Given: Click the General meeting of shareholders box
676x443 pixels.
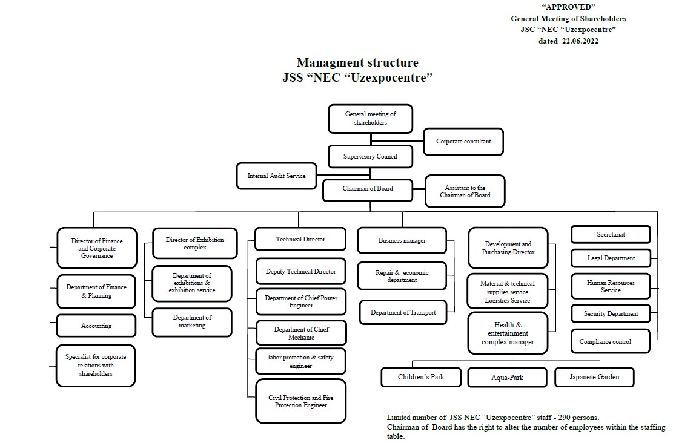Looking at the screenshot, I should tap(370, 118).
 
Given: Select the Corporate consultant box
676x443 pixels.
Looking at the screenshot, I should tap(463, 142).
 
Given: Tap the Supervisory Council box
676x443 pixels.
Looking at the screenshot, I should tap(370, 157).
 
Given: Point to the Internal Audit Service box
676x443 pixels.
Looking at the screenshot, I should tap(276, 176).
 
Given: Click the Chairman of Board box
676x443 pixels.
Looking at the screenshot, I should tap(368, 189).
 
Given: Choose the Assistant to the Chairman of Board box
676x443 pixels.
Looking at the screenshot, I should tap(465, 191).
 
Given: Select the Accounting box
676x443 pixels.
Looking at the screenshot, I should tap(96, 326).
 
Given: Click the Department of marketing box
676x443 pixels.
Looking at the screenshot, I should tap(192, 321).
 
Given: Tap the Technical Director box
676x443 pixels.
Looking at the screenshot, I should tap(300, 239).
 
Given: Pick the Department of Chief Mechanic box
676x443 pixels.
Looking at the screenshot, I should tap(301, 333).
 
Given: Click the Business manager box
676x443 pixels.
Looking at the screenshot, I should tap(402, 240).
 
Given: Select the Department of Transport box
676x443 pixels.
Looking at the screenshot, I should tap(403, 312).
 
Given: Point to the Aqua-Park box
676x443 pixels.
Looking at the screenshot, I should tap(507, 378).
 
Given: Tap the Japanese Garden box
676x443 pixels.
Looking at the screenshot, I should tap(594, 377).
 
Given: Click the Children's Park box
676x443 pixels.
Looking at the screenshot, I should tap(420, 377).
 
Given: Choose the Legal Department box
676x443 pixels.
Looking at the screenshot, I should tap(611, 258).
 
